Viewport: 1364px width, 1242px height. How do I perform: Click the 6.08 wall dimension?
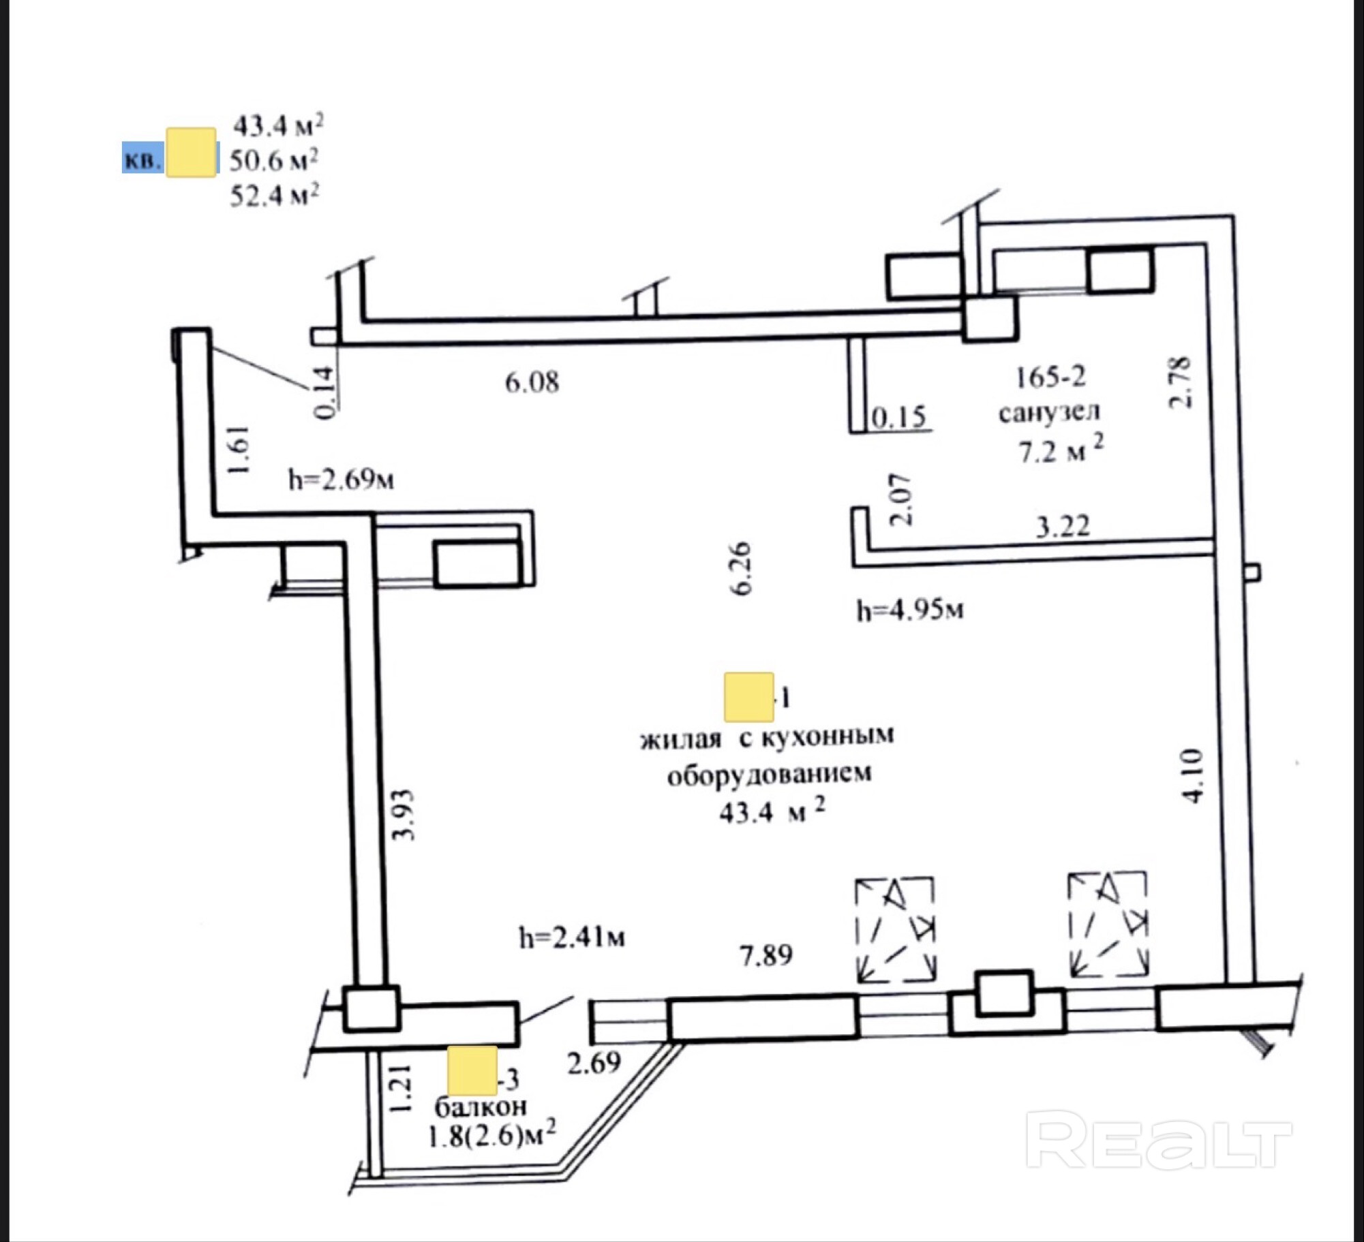click(532, 382)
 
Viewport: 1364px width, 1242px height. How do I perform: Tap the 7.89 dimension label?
click(766, 955)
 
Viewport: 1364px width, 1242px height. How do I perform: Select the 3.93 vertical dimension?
click(404, 815)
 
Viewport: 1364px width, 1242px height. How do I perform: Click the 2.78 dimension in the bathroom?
click(1180, 382)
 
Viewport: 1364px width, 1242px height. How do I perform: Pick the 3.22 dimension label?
click(1063, 526)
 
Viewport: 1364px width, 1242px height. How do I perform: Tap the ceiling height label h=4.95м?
click(910, 610)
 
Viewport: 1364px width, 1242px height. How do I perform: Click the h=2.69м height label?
click(341, 480)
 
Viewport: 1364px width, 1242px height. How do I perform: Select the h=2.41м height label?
click(571, 938)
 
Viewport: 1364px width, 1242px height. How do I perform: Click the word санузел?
click(1049, 412)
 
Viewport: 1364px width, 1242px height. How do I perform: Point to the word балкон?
click(481, 1107)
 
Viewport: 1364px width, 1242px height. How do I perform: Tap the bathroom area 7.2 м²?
click(1061, 450)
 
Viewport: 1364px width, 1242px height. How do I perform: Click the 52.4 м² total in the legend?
click(275, 196)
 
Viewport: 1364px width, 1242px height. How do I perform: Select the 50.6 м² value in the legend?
click(273, 161)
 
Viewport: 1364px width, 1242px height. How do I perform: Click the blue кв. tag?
click(142, 158)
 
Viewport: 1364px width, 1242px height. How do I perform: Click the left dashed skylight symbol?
click(895, 929)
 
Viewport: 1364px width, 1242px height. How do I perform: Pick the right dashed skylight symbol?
click(1108, 923)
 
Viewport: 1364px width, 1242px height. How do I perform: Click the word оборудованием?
click(769, 775)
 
